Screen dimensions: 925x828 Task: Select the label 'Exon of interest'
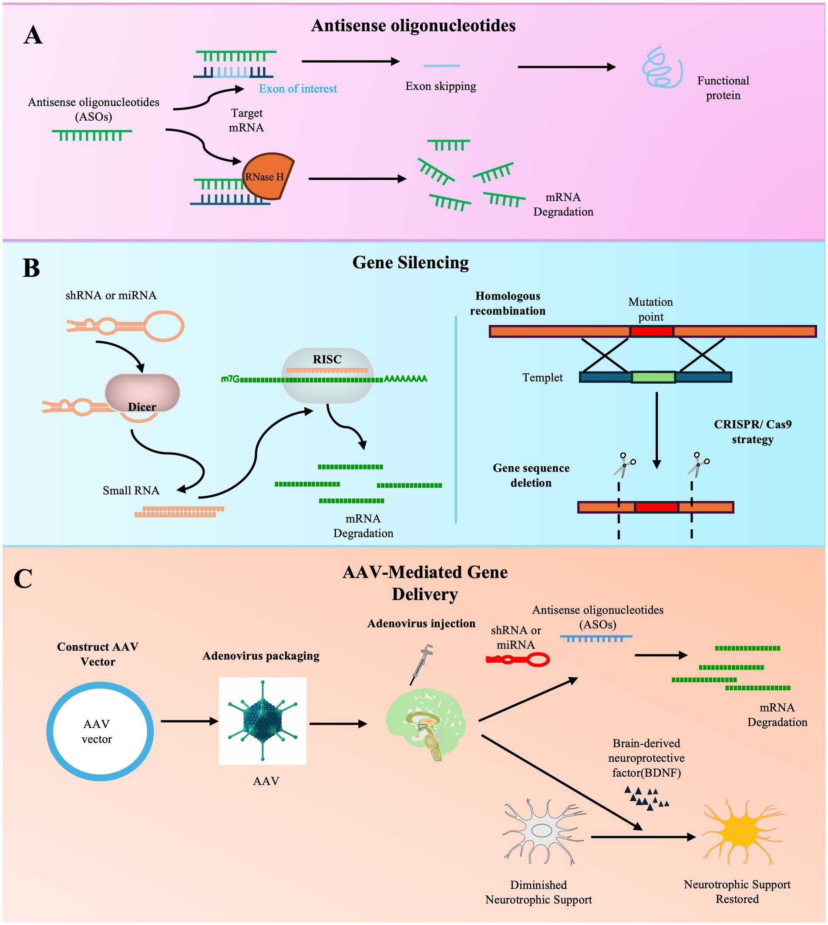point(298,89)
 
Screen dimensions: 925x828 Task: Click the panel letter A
point(33,35)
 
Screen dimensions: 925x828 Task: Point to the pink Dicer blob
point(142,392)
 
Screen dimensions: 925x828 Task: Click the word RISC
point(326,359)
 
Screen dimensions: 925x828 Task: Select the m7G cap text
point(230,379)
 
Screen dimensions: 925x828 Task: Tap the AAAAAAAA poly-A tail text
point(405,379)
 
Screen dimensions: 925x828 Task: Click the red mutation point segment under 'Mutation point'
point(652,331)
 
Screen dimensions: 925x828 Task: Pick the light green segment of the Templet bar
point(653,377)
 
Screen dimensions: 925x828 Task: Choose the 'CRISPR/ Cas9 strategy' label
point(753,432)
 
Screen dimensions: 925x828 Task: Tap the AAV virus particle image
point(263,721)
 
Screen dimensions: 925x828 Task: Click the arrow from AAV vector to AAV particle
point(189,721)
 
